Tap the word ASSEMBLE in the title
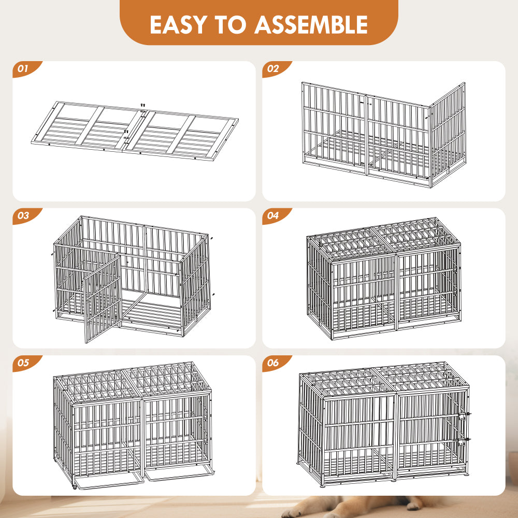click(x=312, y=24)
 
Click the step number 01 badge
click(x=23, y=68)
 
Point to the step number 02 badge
click(x=273, y=68)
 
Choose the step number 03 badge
click(x=23, y=215)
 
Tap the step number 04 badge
click(x=273, y=215)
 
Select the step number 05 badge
click(x=23, y=363)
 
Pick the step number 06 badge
click(x=273, y=363)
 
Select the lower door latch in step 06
click(x=468, y=440)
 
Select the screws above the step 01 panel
click(x=142, y=106)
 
